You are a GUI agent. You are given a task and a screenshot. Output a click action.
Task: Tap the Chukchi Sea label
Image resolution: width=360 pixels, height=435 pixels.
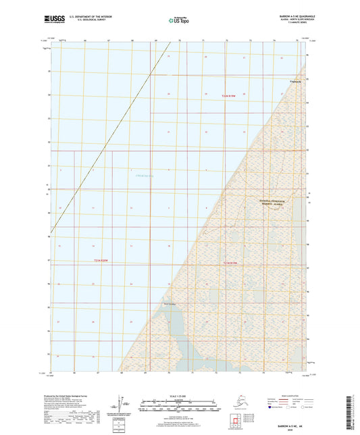click(x=145, y=176)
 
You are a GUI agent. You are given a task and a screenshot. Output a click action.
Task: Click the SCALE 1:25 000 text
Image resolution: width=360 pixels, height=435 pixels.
click(x=179, y=395)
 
